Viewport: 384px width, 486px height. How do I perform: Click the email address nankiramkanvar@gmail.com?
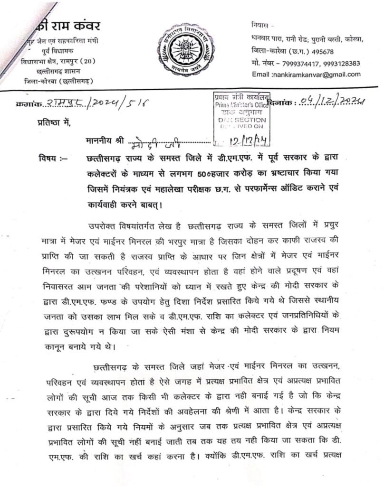[x=316, y=75]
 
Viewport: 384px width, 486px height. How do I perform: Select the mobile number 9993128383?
[x=340, y=63]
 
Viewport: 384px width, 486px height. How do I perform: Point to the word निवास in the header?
[x=260, y=24]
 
